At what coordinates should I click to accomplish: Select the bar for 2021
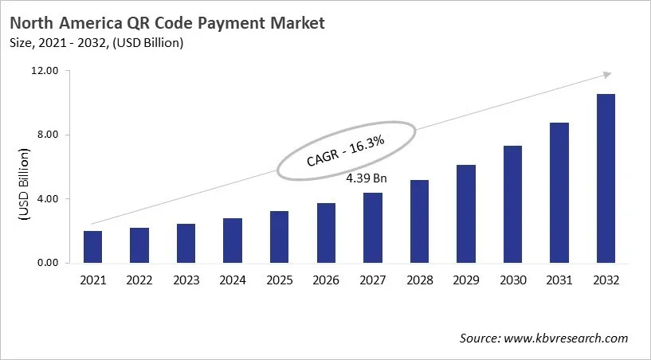pos(92,247)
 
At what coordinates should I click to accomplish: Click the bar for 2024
pos(233,241)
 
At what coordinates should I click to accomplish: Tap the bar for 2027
pos(373,228)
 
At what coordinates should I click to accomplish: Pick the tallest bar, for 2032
pos(606,178)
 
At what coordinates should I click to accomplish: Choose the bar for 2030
pos(512,204)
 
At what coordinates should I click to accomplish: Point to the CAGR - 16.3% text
pos(346,151)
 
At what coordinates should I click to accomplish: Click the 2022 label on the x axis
pos(139,280)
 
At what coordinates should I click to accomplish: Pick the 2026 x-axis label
pos(326,280)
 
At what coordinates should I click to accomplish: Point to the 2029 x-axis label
pos(466,280)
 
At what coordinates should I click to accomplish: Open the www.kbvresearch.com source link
pos(566,338)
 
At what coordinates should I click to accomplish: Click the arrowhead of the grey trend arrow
pos(606,74)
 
